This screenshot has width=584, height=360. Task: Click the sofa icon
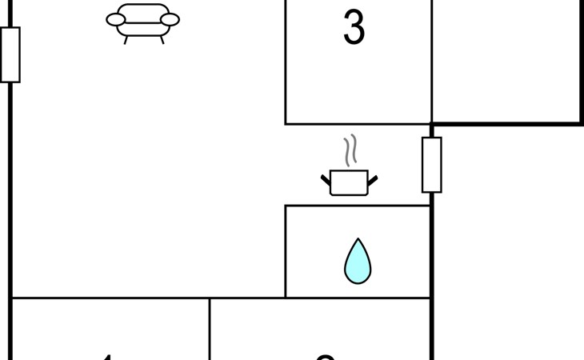tap(142, 22)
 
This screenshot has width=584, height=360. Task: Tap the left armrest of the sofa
tap(117, 20)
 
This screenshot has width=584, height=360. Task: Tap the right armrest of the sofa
tap(169, 20)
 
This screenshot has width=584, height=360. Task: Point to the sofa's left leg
tap(126, 38)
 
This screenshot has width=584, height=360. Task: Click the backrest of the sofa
tap(142, 11)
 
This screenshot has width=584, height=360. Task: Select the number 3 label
tap(354, 28)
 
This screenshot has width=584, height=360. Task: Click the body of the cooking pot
tap(350, 183)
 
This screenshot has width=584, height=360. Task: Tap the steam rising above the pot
tap(350, 150)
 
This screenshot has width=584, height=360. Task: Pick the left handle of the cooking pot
tap(326, 180)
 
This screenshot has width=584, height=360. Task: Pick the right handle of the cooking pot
tap(373, 180)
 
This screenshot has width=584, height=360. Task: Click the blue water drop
tap(358, 262)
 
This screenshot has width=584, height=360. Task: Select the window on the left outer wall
tap(10, 54)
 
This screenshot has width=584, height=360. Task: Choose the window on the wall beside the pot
tap(431, 165)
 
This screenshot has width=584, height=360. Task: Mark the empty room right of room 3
tap(506, 60)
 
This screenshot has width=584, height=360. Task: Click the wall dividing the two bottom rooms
tap(210, 328)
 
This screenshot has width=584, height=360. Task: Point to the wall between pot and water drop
tap(358, 206)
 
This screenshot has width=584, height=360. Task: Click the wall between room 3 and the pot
tap(358, 124)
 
